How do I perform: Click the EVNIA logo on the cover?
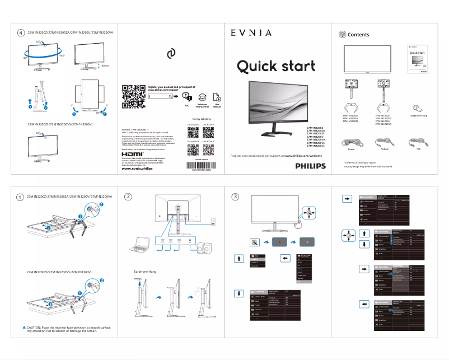(x=251, y=33)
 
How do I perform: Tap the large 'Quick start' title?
(x=275, y=67)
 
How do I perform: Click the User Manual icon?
(x=217, y=97)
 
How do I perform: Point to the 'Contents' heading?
(x=358, y=35)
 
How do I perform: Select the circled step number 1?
(x=20, y=197)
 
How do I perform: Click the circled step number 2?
(x=128, y=197)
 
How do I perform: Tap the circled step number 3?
(x=236, y=197)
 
